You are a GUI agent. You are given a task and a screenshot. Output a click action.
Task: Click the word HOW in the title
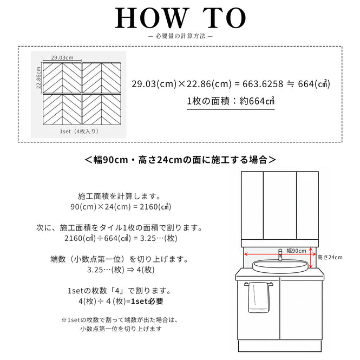150,18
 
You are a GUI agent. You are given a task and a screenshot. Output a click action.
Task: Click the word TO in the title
224,18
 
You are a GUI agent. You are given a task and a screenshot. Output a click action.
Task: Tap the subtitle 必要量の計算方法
180,36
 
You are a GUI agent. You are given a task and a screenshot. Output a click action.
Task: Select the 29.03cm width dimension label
62,57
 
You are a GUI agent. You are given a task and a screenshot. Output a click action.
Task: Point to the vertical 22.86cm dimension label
38,77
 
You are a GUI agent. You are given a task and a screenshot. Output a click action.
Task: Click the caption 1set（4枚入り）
79,132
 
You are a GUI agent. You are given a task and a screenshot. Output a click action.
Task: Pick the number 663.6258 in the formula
263,84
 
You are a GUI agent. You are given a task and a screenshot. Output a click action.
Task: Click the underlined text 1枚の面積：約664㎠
231,101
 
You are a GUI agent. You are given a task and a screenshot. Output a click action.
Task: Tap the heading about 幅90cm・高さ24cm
180,160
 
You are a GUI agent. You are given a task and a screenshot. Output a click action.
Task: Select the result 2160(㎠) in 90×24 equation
155,207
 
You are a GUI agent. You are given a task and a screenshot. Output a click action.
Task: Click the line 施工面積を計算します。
120,197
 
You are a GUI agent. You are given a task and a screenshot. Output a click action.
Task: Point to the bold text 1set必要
147,301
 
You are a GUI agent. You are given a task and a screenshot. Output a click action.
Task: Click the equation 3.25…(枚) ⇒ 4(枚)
121,270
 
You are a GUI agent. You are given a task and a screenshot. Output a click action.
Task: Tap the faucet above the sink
280,255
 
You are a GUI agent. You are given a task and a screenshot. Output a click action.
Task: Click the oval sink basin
280,266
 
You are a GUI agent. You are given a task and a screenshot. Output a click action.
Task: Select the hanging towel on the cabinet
259,297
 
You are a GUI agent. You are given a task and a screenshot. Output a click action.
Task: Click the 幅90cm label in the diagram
296,251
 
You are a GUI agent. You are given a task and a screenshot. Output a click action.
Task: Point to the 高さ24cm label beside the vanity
330,257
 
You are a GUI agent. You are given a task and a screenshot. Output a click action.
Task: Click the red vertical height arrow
311,258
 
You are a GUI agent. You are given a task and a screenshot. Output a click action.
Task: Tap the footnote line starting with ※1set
120,320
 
